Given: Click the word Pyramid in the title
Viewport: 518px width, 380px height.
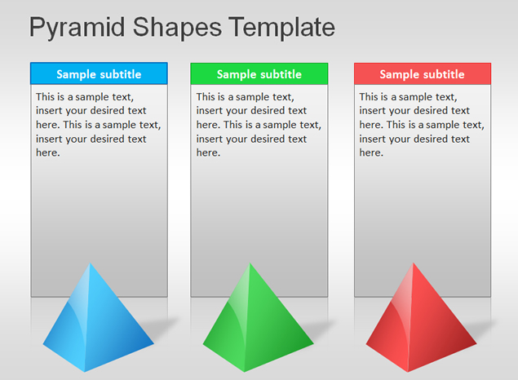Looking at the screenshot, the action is click(x=77, y=28).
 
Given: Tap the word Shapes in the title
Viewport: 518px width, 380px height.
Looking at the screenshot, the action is click(x=177, y=28).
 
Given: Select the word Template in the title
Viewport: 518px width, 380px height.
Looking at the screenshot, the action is click(x=281, y=28).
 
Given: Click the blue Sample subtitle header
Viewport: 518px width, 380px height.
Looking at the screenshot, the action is click(x=99, y=73).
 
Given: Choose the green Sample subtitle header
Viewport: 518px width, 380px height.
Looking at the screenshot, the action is click(x=259, y=73).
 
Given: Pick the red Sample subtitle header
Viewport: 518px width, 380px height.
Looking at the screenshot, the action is click(x=423, y=73).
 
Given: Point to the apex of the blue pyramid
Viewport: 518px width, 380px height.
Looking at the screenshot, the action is click(x=90, y=263).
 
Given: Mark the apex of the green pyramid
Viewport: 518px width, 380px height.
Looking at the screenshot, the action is click(x=250, y=263).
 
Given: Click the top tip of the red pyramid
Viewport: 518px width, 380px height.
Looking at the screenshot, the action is click(x=413, y=263).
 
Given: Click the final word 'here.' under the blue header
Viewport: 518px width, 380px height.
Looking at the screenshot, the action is click(x=48, y=152).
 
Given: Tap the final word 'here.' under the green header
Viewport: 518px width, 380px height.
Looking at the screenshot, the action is click(x=208, y=152).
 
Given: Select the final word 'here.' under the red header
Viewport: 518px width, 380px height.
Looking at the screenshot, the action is click(x=371, y=152).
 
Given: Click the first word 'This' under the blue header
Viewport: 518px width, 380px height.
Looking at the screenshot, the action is click(x=45, y=97).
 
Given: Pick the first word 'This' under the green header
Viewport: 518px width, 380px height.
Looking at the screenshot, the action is click(x=205, y=97).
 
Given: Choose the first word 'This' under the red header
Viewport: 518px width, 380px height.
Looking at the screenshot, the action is click(x=369, y=97).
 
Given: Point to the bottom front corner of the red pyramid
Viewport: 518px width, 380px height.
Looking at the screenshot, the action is click(x=409, y=372).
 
